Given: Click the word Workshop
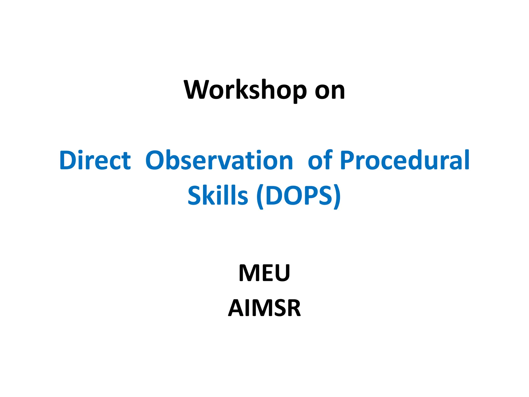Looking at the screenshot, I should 245,90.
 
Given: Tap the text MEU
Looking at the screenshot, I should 264,273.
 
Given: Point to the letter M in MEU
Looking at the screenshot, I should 249,273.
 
